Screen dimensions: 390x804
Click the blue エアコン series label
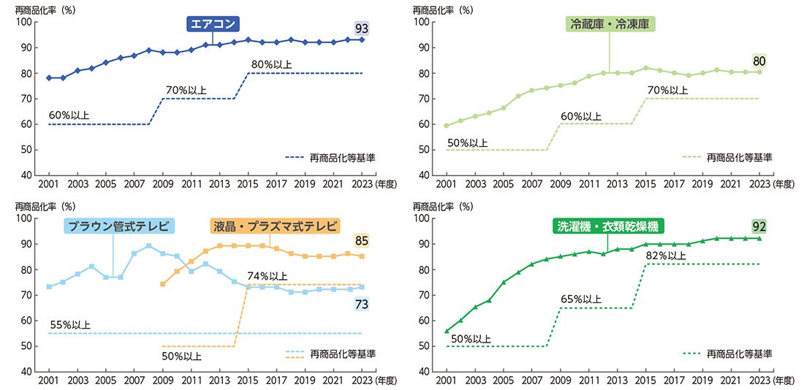pos(213,24)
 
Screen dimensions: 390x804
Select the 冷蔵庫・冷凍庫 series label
pos(610,24)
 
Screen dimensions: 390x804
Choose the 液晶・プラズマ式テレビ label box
pos(276,226)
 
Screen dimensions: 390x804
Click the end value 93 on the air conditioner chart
pos(361,28)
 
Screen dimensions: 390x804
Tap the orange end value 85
pos(361,240)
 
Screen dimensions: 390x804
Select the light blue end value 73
pos(361,304)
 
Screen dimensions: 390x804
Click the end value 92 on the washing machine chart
pos(759,226)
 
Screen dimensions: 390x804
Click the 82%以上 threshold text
pos(666,255)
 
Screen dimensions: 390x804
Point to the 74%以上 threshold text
pos(268,275)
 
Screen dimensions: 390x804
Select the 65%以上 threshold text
pos(581,299)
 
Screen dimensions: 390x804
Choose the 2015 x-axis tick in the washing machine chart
pos(645,380)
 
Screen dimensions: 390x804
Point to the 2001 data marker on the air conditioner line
pos(49,77)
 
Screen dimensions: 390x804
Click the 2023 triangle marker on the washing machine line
pos(759,238)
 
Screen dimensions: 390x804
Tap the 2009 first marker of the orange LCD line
pos(162,284)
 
